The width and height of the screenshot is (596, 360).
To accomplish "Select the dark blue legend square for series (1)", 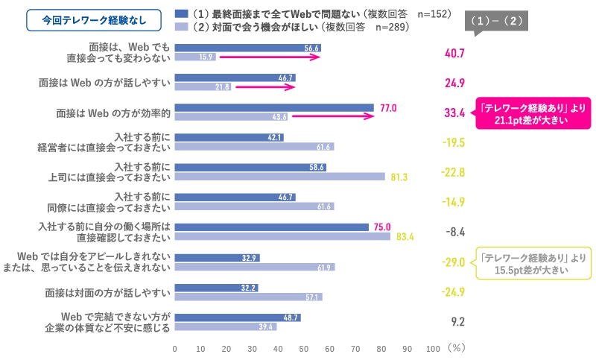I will click(180, 14).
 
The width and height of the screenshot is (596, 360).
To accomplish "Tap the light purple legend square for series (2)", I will click(180, 28).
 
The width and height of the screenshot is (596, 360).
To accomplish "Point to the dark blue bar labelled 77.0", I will click(274, 108).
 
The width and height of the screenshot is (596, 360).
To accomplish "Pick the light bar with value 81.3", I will click(279, 177).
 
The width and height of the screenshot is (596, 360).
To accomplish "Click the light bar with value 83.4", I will click(282, 237).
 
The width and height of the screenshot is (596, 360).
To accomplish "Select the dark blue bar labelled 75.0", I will click(271, 227).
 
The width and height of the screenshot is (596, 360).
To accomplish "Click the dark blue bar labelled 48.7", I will click(238, 317).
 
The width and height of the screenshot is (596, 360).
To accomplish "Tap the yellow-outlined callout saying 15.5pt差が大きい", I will click(534, 263).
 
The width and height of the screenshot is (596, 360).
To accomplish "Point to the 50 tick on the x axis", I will click(304, 348).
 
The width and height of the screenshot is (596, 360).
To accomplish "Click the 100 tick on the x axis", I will click(433, 348).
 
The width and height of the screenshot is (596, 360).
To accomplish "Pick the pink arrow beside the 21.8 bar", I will click(264, 87).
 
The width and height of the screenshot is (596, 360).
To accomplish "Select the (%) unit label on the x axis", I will click(457, 348).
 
